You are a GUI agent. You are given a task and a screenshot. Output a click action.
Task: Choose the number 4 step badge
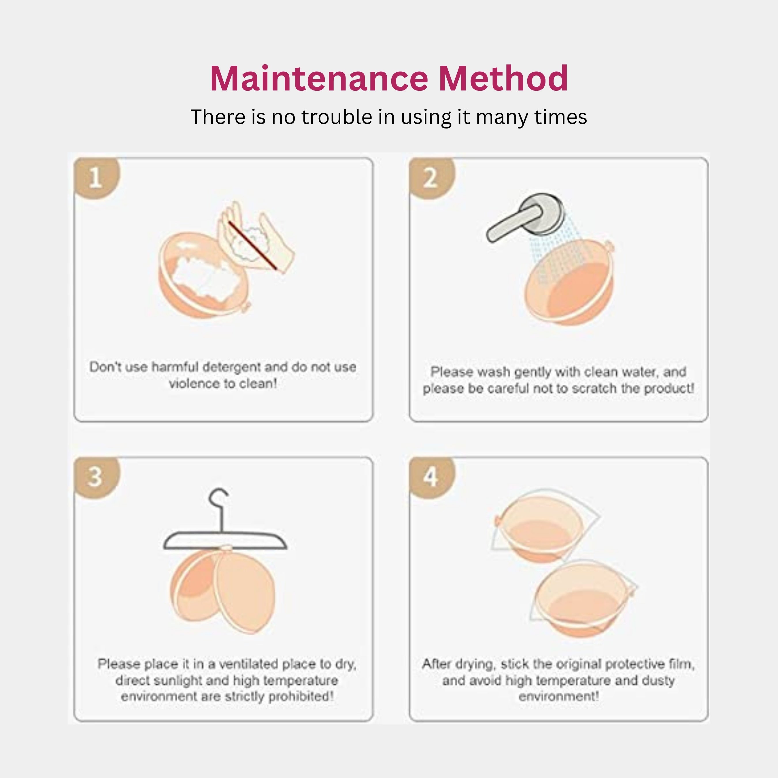[x=430, y=477]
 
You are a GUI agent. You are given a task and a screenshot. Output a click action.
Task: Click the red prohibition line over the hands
[x=252, y=245]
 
